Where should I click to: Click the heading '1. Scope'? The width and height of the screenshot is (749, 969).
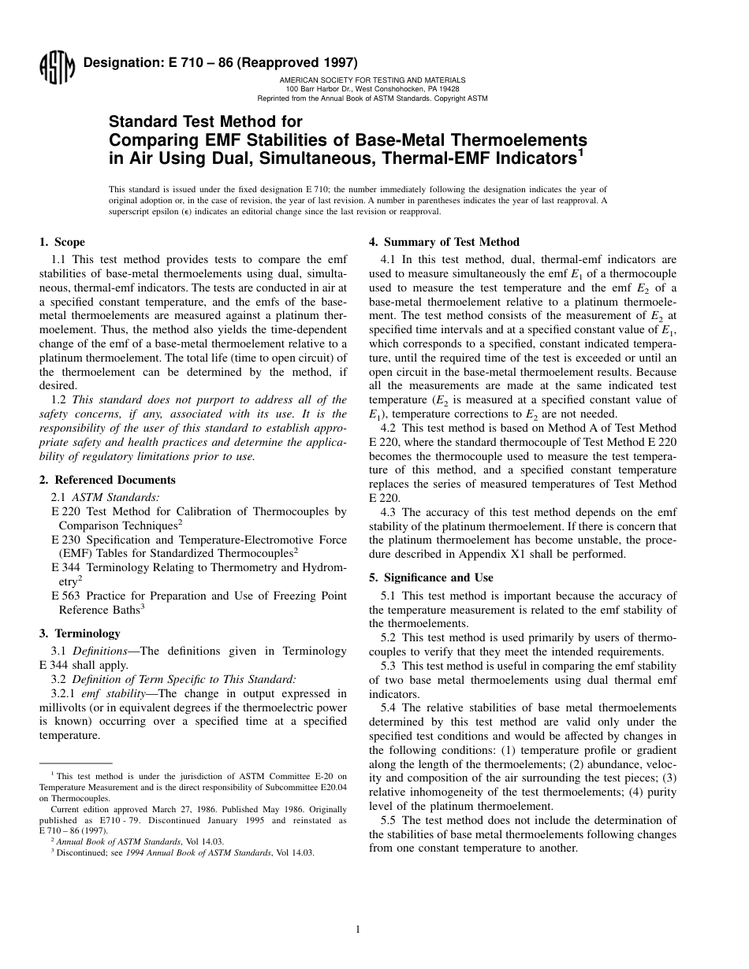(62, 242)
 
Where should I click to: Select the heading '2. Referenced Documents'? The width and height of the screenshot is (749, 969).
(107, 480)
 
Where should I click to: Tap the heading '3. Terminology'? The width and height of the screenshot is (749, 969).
(80, 633)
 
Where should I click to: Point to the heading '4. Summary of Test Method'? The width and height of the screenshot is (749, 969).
(445, 242)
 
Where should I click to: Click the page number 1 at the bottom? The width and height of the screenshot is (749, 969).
(357, 930)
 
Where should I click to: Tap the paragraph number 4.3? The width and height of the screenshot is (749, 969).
(389, 512)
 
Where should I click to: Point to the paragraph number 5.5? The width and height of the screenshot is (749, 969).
(389, 820)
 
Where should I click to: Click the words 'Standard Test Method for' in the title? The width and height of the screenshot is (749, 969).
(205, 122)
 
